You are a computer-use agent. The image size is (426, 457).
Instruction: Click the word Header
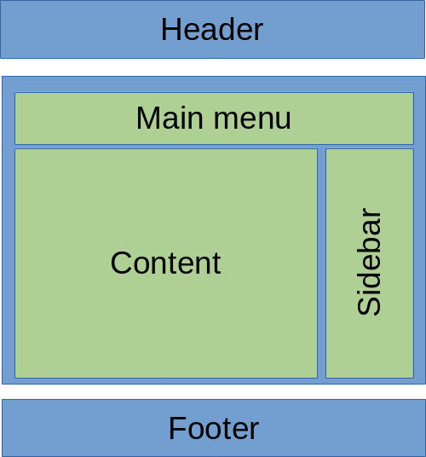(212, 29)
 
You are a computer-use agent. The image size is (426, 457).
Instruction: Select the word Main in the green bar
(170, 118)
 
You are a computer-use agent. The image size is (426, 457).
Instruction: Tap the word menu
(252, 119)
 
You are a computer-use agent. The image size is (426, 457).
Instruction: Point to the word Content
(165, 263)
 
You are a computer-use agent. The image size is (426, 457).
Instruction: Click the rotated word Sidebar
(369, 262)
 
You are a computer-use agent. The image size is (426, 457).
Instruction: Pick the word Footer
(214, 428)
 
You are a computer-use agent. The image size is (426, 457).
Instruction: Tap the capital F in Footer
(177, 428)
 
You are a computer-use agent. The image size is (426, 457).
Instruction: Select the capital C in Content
(121, 263)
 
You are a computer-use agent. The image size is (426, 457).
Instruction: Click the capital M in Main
(147, 118)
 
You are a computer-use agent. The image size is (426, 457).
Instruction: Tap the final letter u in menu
(283, 120)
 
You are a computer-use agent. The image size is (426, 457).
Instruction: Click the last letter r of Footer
(254, 431)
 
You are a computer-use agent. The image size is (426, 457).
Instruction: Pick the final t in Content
(217, 264)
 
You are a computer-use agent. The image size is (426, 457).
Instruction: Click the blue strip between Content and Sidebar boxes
(321, 263)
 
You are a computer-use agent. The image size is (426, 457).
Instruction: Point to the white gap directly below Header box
(213, 67)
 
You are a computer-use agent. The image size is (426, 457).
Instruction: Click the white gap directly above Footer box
(213, 391)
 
